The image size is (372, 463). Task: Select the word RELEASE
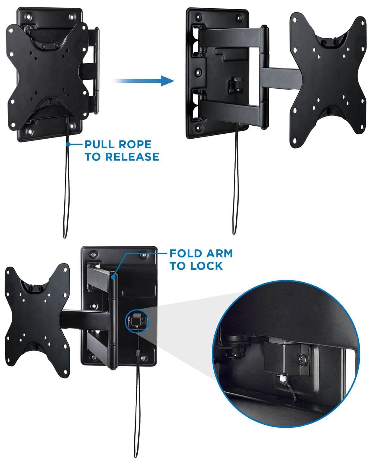point(132,157)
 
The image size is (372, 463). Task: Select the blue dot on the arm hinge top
point(114,277)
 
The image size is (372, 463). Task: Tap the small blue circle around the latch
point(136,321)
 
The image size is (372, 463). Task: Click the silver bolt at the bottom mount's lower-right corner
point(143,358)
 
